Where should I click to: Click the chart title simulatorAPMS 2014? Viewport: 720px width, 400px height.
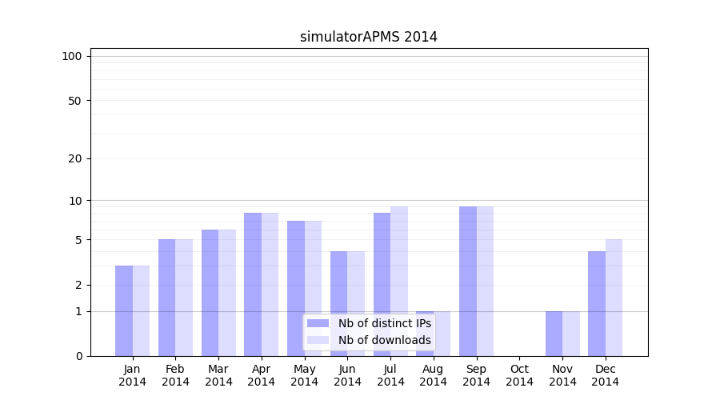(x=369, y=37)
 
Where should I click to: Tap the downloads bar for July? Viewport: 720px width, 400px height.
(x=399, y=281)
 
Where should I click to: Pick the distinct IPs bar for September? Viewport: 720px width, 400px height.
(x=468, y=281)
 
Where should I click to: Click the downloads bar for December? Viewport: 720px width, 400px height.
(x=614, y=298)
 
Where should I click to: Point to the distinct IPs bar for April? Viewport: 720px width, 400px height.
(x=253, y=284)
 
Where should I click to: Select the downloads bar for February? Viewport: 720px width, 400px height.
(x=184, y=298)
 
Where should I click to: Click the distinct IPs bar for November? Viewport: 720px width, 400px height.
(x=554, y=334)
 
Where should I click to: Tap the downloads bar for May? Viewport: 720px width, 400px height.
(x=313, y=288)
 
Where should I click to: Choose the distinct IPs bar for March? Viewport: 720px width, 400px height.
(x=210, y=293)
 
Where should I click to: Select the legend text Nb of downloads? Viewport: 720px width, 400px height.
(x=385, y=340)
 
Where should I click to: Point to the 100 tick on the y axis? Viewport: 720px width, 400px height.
(x=72, y=56)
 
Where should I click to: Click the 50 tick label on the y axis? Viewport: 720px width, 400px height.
(x=75, y=101)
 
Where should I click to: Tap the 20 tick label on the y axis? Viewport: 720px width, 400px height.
(x=75, y=158)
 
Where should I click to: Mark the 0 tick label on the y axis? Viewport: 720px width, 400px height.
(x=78, y=356)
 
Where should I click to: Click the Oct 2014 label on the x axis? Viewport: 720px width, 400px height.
(x=519, y=375)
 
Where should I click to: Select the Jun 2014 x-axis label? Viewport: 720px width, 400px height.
(x=347, y=375)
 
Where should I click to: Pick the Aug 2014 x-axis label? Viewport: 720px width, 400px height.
(x=434, y=375)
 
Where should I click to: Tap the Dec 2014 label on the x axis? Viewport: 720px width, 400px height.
(x=606, y=375)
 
